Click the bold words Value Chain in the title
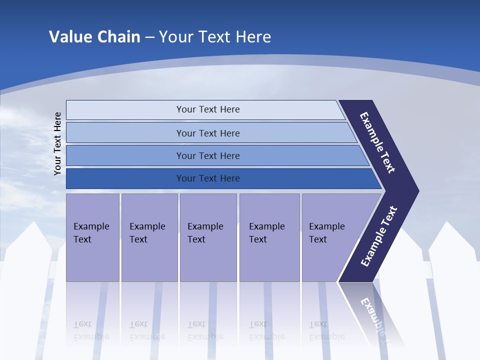[x=94, y=37]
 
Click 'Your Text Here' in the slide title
[x=215, y=37]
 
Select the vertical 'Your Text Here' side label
[x=57, y=143]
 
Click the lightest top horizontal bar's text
[x=208, y=109]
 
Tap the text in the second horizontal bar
[x=208, y=133]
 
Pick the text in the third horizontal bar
[x=208, y=156]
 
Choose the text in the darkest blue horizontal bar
[x=208, y=178]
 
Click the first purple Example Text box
[x=92, y=233]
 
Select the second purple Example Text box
[x=148, y=233]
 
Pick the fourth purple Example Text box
[x=268, y=233]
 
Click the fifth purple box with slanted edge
[x=328, y=233]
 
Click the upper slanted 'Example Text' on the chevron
[x=377, y=142]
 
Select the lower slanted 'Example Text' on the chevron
[x=378, y=236]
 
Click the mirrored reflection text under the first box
[x=91, y=330]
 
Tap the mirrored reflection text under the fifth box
[x=326, y=330]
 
